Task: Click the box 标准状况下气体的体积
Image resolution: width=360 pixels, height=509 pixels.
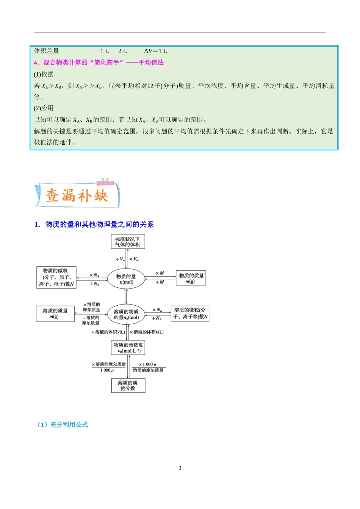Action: (x=128, y=242)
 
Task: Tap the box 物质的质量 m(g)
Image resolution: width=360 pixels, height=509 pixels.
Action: (x=191, y=278)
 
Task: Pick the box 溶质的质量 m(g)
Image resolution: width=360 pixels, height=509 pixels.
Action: (x=55, y=314)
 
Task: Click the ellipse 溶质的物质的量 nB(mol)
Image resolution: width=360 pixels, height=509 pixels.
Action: (x=127, y=314)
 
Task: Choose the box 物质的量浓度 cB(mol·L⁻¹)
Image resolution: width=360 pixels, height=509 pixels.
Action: (x=128, y=348)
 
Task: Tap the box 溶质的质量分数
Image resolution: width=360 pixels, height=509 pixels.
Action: (x=128, y=386)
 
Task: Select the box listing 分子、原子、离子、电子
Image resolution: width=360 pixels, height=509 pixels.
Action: (x=56, y=277)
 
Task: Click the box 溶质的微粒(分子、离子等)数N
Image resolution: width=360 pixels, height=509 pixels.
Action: (x=190, y=314)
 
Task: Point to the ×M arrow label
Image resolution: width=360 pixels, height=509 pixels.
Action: (x=160, y=273)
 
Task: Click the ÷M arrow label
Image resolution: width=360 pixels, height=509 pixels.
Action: (x=160, y=282)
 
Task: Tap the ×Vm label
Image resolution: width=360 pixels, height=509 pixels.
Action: (x=134, y=259)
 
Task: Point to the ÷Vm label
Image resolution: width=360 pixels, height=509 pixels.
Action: (x=121, y=259)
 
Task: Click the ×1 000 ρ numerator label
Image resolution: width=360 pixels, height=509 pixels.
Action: (x=148, y=364)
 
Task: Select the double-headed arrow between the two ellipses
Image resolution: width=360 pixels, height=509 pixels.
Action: (x=126, y=296)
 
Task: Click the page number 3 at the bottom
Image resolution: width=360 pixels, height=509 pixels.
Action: (x=180, y=468)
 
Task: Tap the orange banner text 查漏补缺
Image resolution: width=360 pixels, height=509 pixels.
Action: (x=77, y=196)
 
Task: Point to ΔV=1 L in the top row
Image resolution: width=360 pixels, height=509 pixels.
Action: (x=155, y=51)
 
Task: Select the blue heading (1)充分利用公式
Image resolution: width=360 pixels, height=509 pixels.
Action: (x=63, y=425)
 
